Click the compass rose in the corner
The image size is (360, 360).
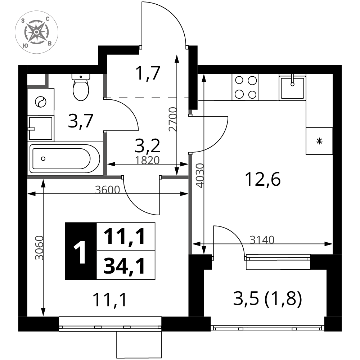36,32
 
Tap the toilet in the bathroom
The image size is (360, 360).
81,87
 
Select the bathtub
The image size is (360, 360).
65,158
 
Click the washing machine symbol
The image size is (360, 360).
41,102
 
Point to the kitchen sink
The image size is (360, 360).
292,87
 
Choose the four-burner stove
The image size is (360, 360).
246,87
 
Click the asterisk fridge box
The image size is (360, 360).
319,141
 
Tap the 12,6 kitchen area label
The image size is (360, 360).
263,179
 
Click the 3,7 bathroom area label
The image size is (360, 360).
81,121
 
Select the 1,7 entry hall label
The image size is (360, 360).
148,73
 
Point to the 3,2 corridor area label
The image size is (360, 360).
147,146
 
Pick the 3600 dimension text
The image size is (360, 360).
107,190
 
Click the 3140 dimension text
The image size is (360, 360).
262,240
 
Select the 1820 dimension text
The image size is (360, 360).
147,160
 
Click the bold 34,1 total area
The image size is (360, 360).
124,266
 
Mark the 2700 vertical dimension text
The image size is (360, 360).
173,119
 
